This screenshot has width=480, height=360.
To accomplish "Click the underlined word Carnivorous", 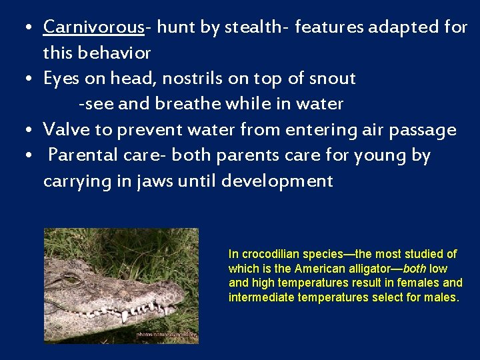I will click(x=93, y=27).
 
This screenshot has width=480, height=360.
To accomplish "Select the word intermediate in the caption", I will click(x=262, y=297).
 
